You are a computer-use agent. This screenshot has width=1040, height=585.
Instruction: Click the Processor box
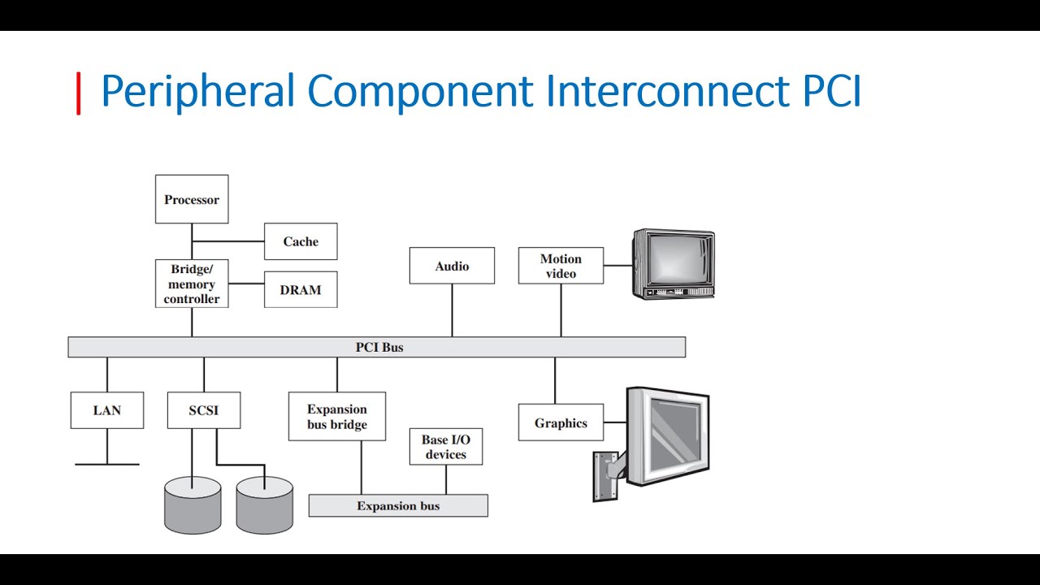click(x=192, y=199)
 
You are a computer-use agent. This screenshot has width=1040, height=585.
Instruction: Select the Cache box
click(x=301, y=241)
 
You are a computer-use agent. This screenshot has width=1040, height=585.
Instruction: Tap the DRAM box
click(x=301, y=290)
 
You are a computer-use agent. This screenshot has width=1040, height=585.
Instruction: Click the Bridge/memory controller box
click(x=192, y=284)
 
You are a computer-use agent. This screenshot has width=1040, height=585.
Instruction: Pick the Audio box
click(x=452, y=266)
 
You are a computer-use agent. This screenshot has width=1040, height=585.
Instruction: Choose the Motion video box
click(x=561, y=266)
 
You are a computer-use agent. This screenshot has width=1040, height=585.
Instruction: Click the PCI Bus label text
click(x=379, y=347)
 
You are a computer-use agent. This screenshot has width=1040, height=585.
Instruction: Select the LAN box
click(x=107, y=410)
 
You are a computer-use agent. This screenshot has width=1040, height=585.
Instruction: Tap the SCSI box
click(x=204, y=410)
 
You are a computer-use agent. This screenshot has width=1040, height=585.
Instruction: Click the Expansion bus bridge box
click(x=337, y=417)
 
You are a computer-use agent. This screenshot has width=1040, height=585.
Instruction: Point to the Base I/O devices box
click(x=446, y=447)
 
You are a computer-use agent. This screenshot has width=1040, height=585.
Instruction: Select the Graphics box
click(x=561, y=422)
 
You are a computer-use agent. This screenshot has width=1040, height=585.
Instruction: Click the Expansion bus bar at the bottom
click(x=398, y=505)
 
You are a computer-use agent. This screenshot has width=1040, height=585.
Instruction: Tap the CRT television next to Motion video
click(x=674, y=263)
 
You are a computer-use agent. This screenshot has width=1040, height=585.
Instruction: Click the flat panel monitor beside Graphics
click(x=668, y=436)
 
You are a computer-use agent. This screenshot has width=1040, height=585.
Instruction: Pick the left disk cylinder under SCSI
click(x=193, y=505)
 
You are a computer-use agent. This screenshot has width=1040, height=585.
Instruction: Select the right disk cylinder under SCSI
click(x=265, y=505)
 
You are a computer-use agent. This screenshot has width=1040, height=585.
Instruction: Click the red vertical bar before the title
click(x=79, y=93)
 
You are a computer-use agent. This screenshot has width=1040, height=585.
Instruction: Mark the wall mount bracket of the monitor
click(x=606, y=476)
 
